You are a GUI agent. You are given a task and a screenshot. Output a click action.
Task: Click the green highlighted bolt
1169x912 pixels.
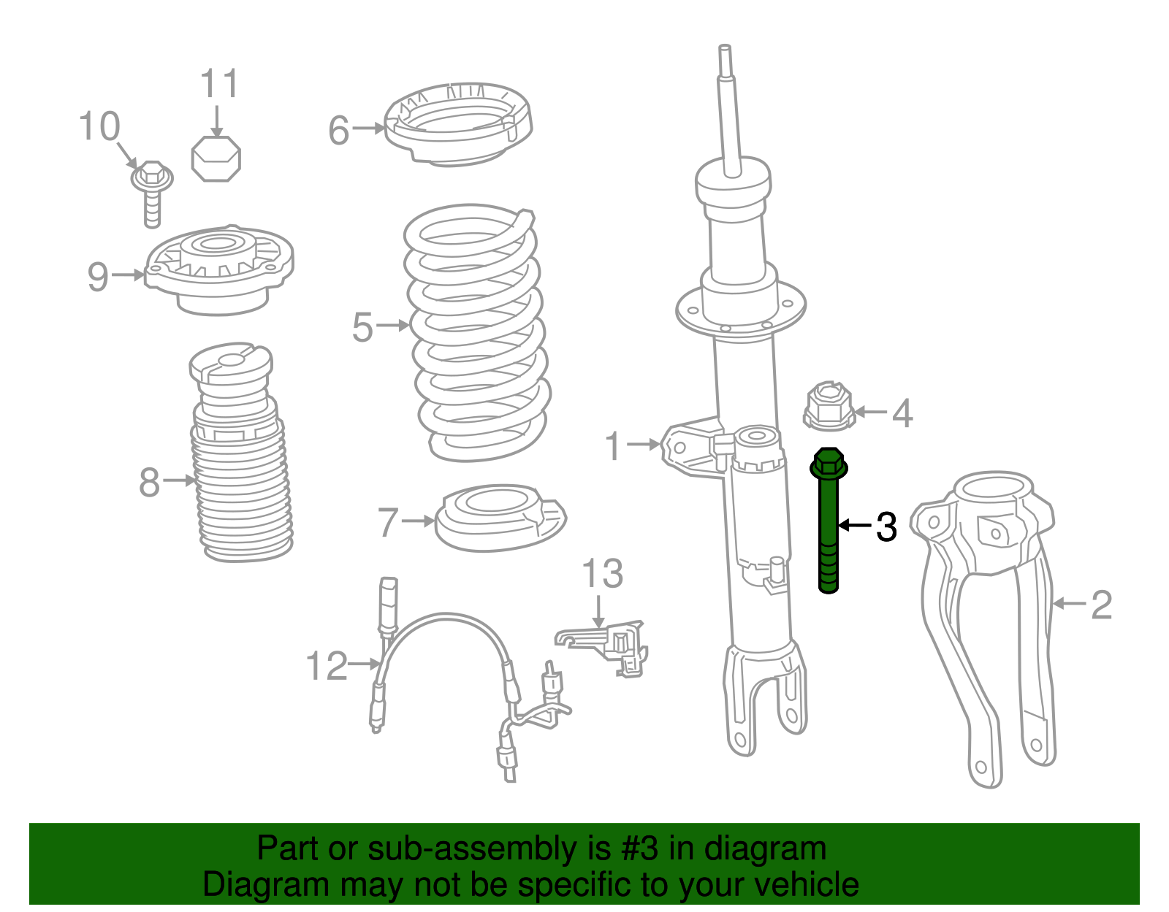click(x=829, y=520)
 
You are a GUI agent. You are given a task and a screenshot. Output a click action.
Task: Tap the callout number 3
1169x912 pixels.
click(x=886, y=526)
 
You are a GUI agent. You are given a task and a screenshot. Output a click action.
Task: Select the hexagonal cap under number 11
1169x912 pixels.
click(x=216, y=158)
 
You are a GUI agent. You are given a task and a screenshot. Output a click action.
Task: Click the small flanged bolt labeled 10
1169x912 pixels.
click(x=152, y=192)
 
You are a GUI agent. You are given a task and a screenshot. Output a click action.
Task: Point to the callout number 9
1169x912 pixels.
click(x=98, y=277)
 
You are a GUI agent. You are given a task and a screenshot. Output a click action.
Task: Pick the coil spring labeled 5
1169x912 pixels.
click(x=478, y=333)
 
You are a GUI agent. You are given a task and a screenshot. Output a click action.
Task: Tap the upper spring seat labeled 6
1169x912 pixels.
click(x=458, y=125)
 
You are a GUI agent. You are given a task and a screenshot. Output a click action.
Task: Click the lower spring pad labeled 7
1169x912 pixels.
click(x=500, y=518)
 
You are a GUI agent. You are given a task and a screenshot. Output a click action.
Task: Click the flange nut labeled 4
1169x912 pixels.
click(x=829, y=406)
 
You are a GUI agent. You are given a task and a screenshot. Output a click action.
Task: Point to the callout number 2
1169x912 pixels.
click(x=1101, y=605)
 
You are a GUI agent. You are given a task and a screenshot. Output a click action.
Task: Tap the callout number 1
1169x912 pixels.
click(x=613, y=445)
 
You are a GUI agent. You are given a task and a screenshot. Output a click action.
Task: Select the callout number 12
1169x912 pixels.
click(x=327, y=666)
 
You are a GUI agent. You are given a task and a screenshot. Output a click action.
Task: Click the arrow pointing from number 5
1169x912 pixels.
click(x=393, y=325)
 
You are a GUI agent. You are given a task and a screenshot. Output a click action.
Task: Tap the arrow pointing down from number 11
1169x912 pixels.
click(x=217, y=121)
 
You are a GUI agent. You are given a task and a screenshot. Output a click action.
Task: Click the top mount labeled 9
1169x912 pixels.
click(x=219, y=270)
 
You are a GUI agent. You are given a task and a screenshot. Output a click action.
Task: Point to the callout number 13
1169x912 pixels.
click(x=603, y=573)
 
